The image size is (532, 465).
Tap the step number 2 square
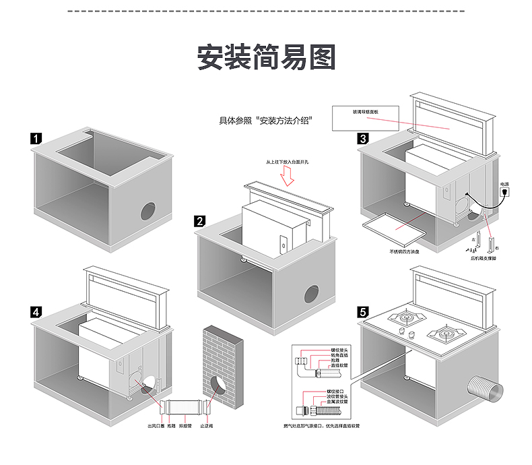[199, 220]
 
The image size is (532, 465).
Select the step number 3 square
[363, 139]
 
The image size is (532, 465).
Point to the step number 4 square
[36, 311]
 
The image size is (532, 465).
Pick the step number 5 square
[363, 311]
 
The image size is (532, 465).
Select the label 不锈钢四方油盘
[403, 251]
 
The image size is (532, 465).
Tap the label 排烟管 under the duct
[184, 426]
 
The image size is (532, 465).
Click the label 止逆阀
[207, 426]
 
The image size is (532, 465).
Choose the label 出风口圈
[153, 426]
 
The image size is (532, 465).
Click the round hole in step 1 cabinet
[147, 211]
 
